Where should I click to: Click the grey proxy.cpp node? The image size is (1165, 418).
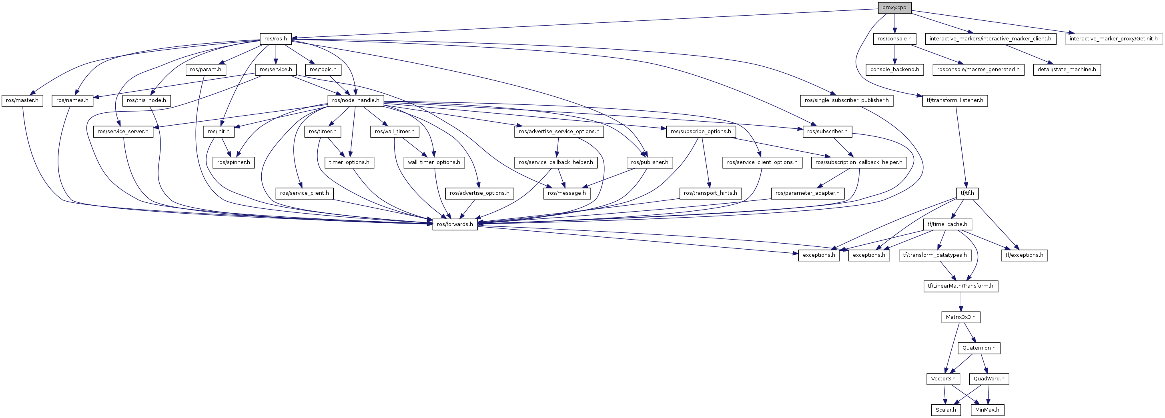[894, 8]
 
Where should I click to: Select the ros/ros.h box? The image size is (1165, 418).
[275, 39]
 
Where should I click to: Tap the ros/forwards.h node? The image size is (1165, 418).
[455, 224]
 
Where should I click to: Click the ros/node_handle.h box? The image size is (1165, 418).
[355, 100]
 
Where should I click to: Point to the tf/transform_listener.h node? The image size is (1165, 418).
[955, 100]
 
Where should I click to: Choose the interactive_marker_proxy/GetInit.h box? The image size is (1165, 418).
[1113, 39]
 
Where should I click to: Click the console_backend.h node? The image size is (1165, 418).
[894, 70]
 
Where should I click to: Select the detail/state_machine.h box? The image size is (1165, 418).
[1067, 70]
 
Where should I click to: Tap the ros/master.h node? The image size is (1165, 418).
[22, 100]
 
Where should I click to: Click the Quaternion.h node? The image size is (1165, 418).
[979, 348]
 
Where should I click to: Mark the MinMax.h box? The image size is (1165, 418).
[987, 410]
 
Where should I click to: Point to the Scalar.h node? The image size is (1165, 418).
[946, 410]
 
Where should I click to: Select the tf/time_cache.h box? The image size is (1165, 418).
[947, 224]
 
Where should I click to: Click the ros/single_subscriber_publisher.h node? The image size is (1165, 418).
[846, 100]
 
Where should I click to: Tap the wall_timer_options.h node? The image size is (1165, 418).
[434, 162]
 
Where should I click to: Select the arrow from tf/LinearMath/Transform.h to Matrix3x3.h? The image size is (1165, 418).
[960, 302]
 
